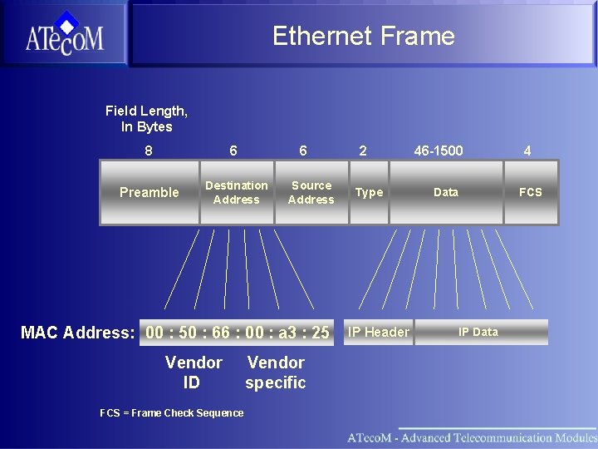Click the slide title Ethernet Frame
click(363, 36)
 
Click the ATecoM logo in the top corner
click(64, 34)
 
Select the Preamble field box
click(149, 192)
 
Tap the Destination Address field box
click(237, 192)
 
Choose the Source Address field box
click(311, 192)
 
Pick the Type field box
click(369, 192)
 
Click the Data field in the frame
click(446, 192)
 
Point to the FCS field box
click(531, 192)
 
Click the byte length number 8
click(149, 150)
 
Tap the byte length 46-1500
click(439, 150)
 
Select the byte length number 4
click(527, 150)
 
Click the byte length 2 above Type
click(362, 150)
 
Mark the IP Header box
click(378, 332)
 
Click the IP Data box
click(479, 332)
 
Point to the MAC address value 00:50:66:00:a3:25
click(238, 333)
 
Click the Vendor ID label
click(194, 373)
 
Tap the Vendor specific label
click(276, 373)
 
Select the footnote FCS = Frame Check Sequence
click(172, 413)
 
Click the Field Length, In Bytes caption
click(146, 118)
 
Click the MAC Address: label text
click(77, 333)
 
